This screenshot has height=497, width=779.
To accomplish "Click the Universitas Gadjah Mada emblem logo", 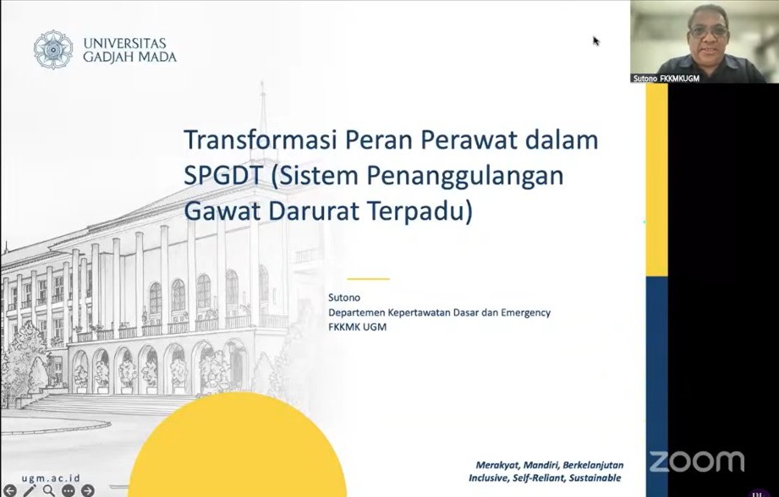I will (53, 49).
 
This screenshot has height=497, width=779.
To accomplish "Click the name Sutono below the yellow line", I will (344, 298).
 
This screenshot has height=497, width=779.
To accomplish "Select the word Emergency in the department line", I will (520, 313).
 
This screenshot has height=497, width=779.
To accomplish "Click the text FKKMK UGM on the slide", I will (358, 327).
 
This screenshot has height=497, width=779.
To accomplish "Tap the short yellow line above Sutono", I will (368, 278).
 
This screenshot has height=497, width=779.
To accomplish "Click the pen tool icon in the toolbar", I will (30, 490).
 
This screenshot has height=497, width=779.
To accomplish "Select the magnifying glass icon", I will (49, 490).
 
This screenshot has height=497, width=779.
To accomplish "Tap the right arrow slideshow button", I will (87, 490).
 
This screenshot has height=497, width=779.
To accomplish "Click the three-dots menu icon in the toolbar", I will (69, 490).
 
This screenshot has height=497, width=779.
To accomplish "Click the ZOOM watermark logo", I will (696, 461).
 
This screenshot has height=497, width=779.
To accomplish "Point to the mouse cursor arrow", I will (595, 41).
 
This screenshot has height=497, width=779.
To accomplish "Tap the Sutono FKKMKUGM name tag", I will (667, 78).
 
